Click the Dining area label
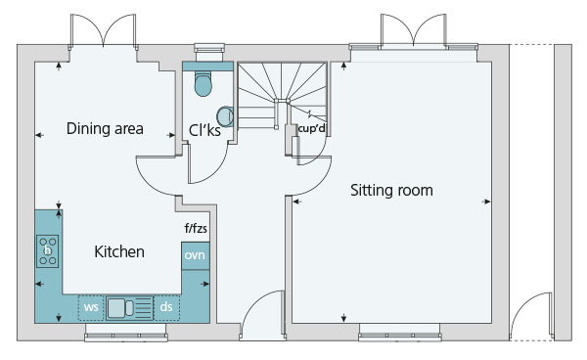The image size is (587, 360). pyautogui.click(x=105, y=128)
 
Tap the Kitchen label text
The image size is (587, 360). pyautogui.click(x=119, y=251)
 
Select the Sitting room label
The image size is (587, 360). pyautogui.click(x=391, y=190)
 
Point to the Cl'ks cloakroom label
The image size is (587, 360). pyautogui.click(x=204, y=130)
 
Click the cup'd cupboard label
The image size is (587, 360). pyautogui.click(x=311, y=129)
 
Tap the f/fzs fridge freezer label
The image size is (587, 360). pyautogui.click(x=196, y=228)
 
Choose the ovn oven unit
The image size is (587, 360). pyautogui.click(x=195, y=255)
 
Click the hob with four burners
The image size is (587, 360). pyautogui.click(x=48, y=250)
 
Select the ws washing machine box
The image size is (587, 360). pyautogui.click(x=91, y=307)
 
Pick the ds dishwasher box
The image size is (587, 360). pyautogui.click(x=166, y=307)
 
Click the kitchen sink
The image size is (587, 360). pyautogui.click(x=129, y=308)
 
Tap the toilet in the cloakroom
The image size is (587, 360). pyautogui.click(x=203, y=84)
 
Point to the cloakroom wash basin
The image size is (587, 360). pyautogui.click(x=225, y=116)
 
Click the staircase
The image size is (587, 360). pyautogui.click(x=283, y=96)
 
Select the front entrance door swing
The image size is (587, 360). pyautogui.click(x=262, y=315)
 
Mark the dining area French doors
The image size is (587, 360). pyautogui.click(x=104, y=31)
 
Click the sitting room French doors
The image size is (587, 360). pyautogui.click(x=414, y=30)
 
